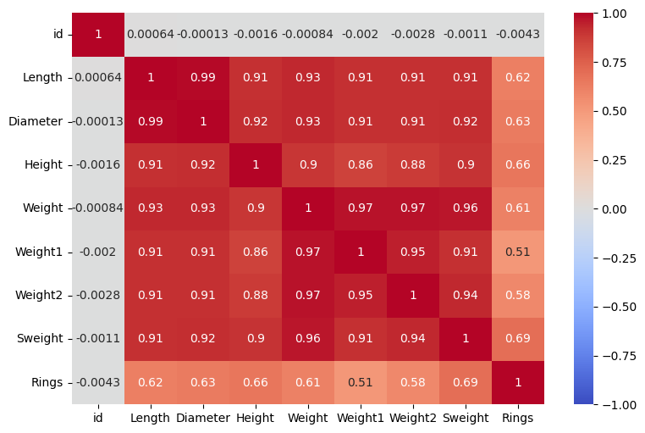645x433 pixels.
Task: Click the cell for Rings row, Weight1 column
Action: [361, 382]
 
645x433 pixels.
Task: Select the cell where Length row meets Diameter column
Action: [203, 78]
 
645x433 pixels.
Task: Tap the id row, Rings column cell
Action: [518, 35]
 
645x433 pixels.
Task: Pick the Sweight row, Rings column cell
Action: [518, 339]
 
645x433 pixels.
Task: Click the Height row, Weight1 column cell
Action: [361, 165]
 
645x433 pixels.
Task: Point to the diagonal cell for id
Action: [98, 35]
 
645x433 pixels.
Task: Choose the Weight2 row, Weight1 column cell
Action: [361, 295]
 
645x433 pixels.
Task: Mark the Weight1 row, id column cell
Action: [98, 252]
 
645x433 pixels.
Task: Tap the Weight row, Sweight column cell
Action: [466, 208]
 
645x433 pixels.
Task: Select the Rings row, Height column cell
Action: [256, 382]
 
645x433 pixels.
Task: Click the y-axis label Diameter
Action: [36, 121]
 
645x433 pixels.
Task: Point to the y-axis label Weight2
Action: [39, 295]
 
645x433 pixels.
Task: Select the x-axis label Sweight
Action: [466, 418]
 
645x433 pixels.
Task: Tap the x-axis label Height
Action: [256, 418]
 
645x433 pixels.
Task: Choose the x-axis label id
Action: [98, 418]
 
